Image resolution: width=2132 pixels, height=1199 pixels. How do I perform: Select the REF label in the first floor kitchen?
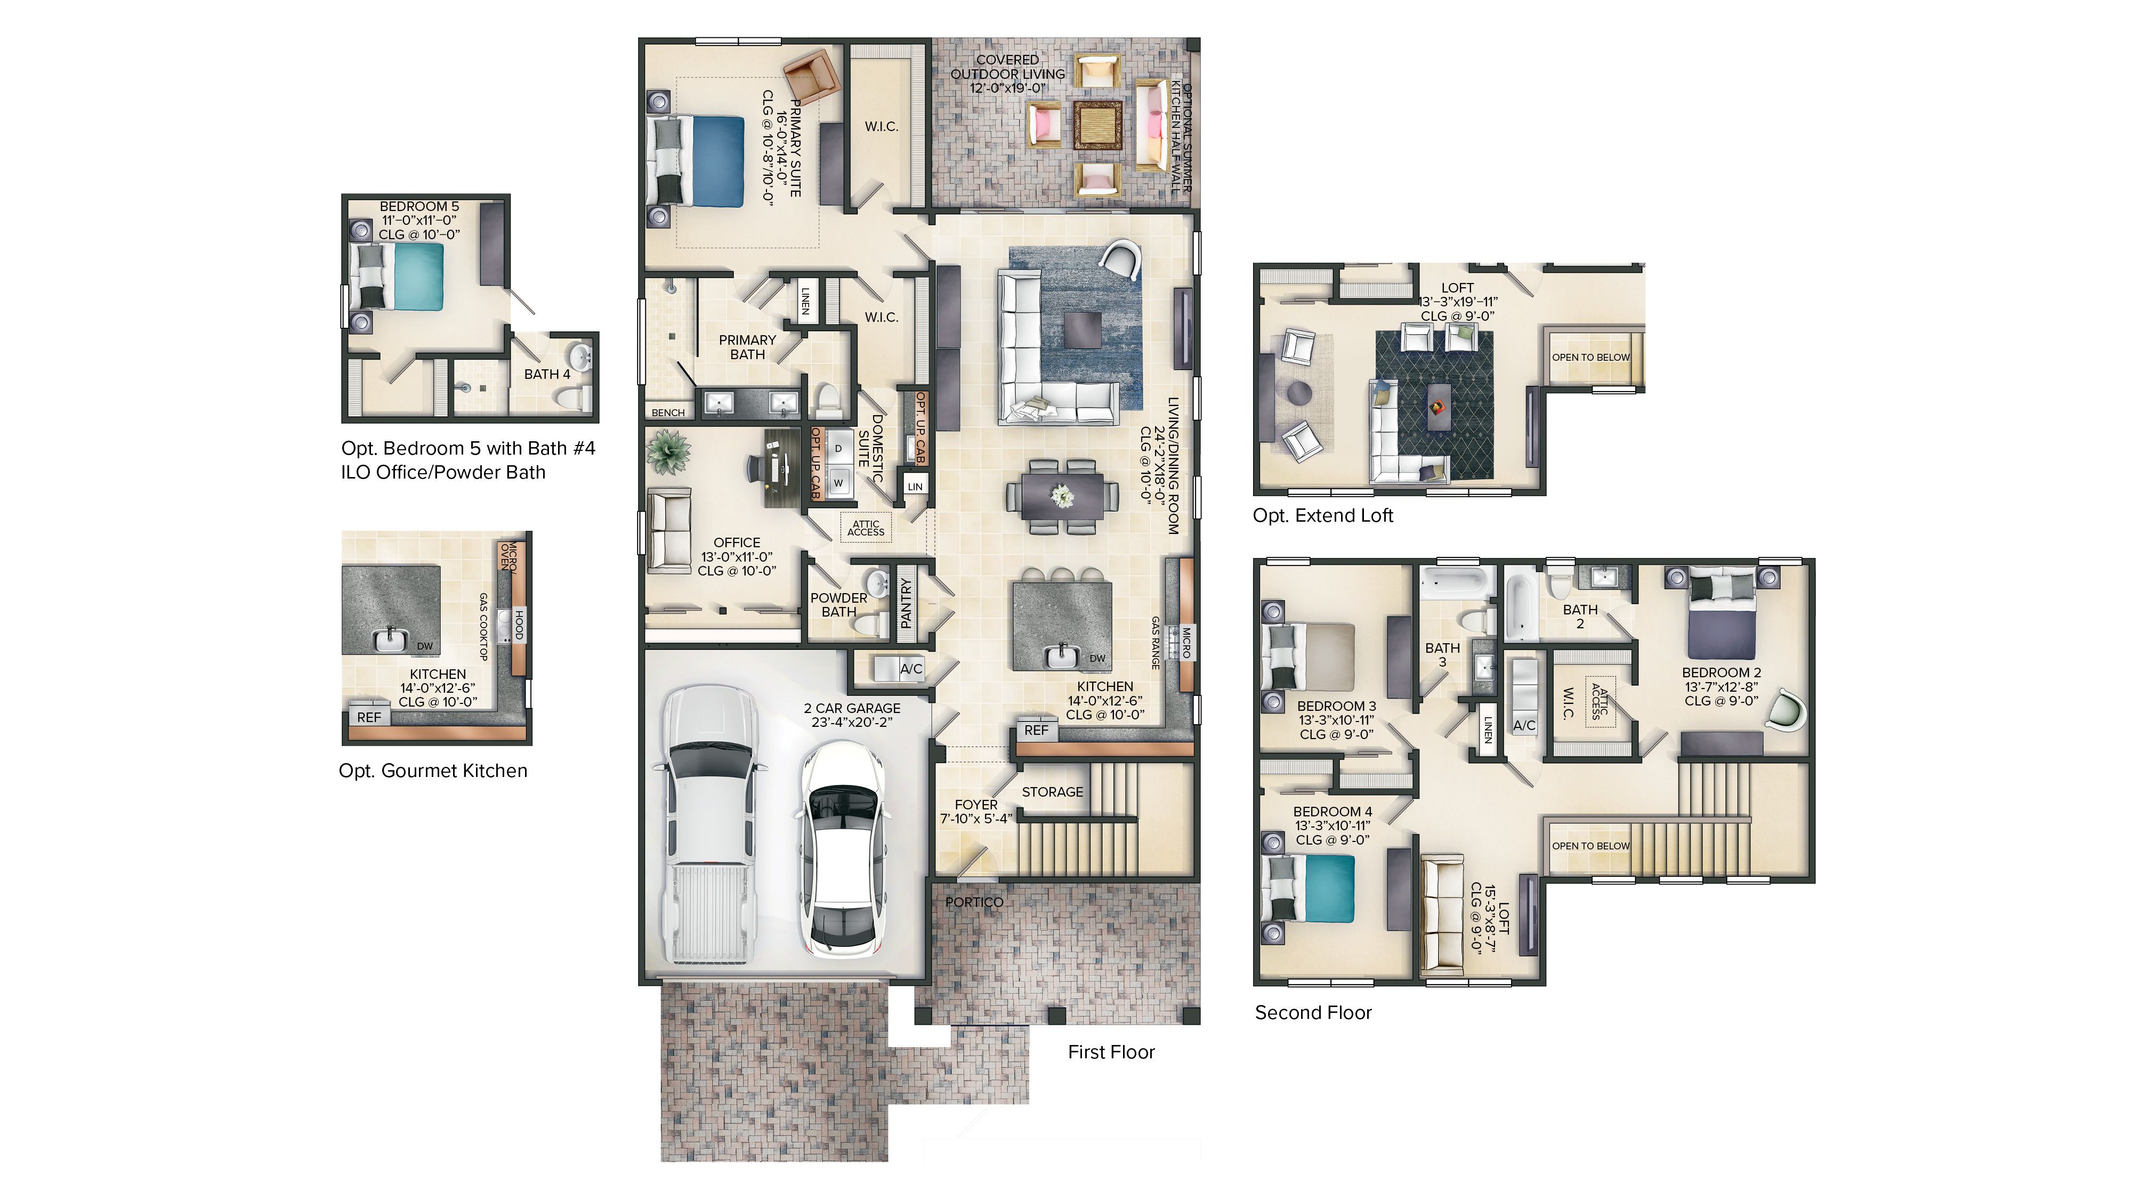tap(1036, 730)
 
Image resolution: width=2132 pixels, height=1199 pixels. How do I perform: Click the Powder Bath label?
tap(838, 605)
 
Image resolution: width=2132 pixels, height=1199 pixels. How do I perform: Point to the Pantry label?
tap(906, 604)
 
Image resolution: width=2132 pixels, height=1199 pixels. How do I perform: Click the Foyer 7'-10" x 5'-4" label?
tap(976, 812)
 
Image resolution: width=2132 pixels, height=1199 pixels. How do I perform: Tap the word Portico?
tap(974, 902)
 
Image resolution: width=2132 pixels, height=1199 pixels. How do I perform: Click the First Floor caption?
tap(1111, 1052)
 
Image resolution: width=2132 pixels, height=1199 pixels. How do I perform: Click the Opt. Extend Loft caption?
tap(1322, 515)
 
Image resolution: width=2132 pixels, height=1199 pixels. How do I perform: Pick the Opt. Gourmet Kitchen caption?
tap(433, 771)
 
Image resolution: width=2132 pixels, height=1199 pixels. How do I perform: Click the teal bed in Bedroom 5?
tap(418, 277)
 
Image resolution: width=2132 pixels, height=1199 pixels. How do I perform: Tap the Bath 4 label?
tap(547, 374)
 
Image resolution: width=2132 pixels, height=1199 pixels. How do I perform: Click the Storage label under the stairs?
tap(1052, 792)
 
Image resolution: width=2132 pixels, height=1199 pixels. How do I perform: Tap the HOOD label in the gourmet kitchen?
tap(520, 624)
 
